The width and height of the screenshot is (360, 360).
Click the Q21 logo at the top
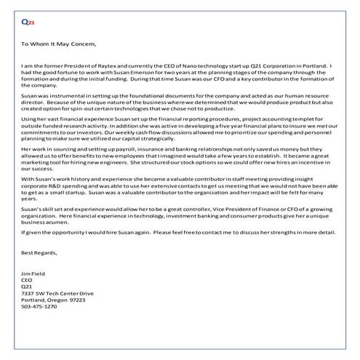coord(27,23)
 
